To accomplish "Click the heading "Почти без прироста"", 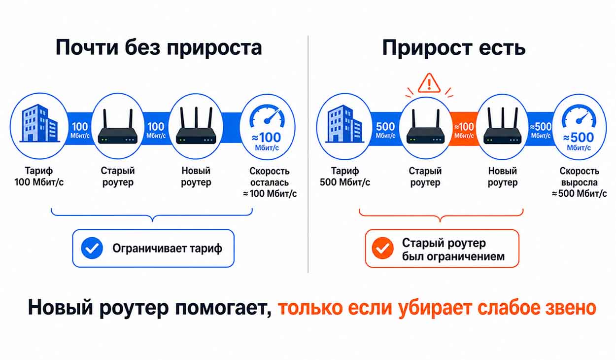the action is tap(159, 48).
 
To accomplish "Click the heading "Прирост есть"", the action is tap(454, 48).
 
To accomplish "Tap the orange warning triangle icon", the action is tap(429, 83).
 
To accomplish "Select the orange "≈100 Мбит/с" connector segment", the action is tap(464, 129).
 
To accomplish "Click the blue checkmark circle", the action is tap(92, 248).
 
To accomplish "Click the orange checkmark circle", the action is tap(382, 248).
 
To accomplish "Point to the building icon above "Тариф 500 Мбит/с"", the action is tap(345, 124).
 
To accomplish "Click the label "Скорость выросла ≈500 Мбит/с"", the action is tap(580, 182).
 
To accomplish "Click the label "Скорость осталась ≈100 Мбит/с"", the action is tap(270, 182).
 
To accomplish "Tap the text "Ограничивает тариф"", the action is tap(167, 249).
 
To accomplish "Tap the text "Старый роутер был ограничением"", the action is tap(453, 250).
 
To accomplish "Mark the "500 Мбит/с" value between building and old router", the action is tap(385, 130).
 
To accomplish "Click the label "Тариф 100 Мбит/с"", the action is tap(39, 176).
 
